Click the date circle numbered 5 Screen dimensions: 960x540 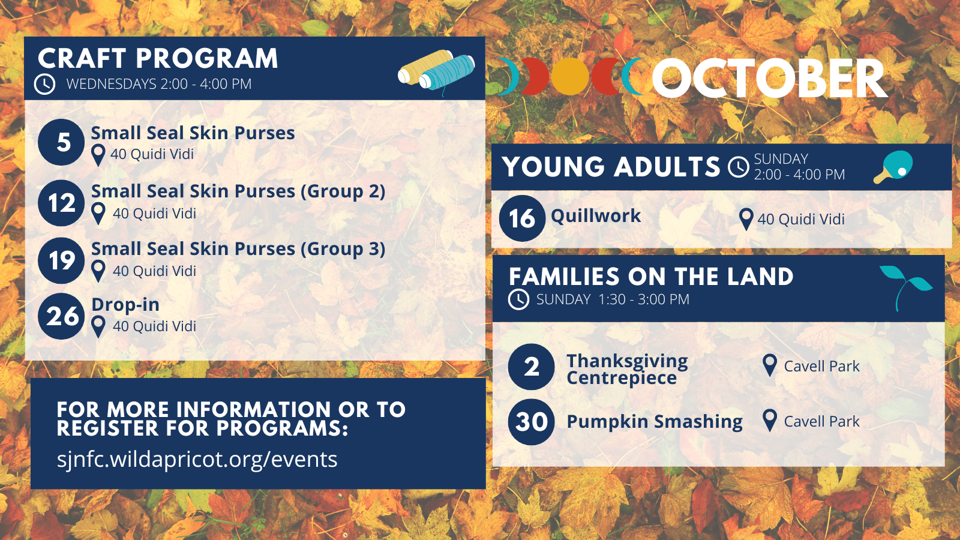61,142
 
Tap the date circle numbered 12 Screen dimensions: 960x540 61,203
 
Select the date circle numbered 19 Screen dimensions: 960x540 61,260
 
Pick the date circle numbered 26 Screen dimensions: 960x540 61,316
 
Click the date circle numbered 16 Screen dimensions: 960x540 523,218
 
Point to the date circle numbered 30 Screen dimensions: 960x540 532,422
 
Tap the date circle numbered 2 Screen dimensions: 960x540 532,367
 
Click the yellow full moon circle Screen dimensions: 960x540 569,76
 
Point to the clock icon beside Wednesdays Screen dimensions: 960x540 44,84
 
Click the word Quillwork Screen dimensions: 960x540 596,216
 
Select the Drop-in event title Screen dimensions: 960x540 125,305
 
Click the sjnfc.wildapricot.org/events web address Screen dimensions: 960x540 197,460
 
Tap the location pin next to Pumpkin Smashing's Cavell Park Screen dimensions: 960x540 770,421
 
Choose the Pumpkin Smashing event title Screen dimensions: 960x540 655,422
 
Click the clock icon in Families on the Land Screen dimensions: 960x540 518,299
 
